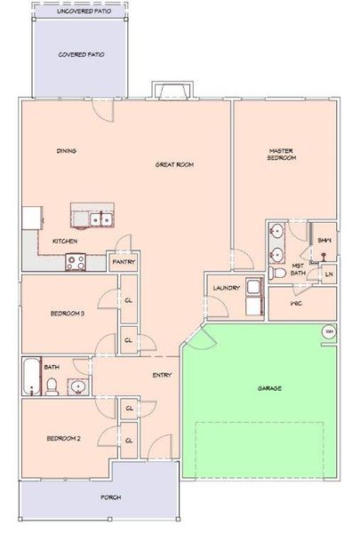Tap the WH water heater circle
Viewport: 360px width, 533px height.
(328, 333)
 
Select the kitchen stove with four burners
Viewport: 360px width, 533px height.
(76, 262)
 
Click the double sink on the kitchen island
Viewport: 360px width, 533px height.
(100, 218)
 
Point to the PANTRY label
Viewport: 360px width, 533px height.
(122, 263)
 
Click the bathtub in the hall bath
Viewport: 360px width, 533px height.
(31, 378)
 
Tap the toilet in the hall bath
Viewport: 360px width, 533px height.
(52, 386)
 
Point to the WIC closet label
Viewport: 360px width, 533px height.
(296, 303)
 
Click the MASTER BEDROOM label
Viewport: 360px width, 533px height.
(282, 155)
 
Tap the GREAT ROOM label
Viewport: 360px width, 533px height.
(174, 164)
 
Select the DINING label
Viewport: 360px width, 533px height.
(66, 151)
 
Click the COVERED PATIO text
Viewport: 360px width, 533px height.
(82, 54)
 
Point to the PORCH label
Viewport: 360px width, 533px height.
(111, 497)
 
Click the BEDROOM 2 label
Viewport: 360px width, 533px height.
(65, 439)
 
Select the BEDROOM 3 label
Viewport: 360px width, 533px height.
(67, 313)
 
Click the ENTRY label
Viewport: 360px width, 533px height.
(162, 375)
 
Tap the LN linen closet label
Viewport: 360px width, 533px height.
(328, 274)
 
